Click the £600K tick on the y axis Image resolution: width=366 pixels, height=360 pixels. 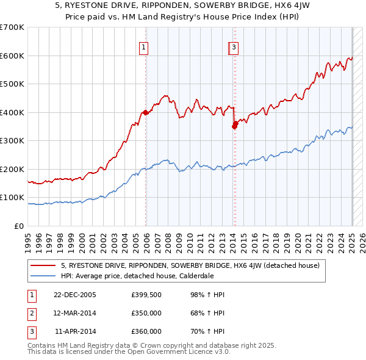(12, 56)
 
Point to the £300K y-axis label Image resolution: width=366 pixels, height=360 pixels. (12, 140)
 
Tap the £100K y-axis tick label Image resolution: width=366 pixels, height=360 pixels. (12, 197)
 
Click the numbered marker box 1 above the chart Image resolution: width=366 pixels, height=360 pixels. (143, 47)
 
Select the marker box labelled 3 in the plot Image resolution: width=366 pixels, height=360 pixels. (234, 47)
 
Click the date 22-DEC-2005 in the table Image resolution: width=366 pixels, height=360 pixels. (74, 295)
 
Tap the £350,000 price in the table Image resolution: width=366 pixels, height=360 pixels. (146, 313)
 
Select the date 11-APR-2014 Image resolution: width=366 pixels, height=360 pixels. (75, 331)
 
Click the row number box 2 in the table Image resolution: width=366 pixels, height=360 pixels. (31, 313)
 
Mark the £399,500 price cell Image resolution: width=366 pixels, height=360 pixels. (146, 295)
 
